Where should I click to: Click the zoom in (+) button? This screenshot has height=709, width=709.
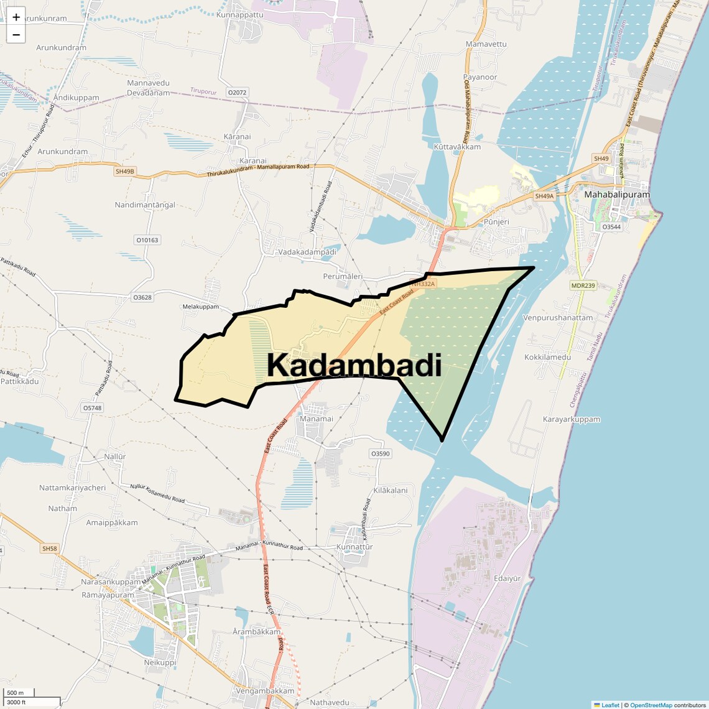click(x=16, y=17)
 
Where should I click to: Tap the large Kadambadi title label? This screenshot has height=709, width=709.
click(x=354, y=366)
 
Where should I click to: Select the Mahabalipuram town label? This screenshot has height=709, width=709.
click(x=616, y=195)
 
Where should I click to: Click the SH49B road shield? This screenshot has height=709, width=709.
click(x=125, y=171)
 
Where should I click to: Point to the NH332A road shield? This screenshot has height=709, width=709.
click(x=424, y=284)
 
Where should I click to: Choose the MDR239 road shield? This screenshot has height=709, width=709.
click(x=583, y=285)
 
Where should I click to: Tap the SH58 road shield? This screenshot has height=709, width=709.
click(x=49, y=549)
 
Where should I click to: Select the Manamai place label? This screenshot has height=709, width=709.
click(x=317, y=419)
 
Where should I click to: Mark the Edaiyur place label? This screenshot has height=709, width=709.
click(x=507, y=578)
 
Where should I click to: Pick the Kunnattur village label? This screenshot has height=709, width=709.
click(x=354, y=547)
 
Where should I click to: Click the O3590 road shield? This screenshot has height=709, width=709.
click(x=380, y=453)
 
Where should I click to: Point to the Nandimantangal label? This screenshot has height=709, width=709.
click(x=145, y=205)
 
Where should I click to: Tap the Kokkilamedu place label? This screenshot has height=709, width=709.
click(x=547, y=358)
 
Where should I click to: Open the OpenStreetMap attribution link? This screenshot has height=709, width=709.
click(x=651, y=705)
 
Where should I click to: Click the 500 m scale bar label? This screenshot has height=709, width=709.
click(x=16, y=693)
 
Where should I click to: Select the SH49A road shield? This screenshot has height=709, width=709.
click(x=544, y=196)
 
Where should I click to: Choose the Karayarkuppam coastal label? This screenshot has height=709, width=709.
click(x=572, y=419)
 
